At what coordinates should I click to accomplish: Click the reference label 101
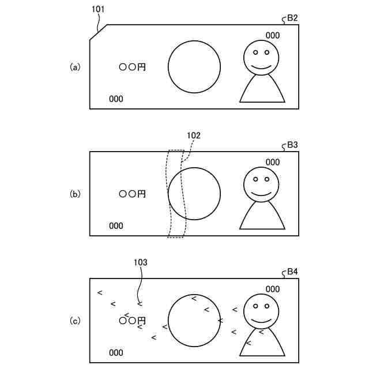pos(98,10)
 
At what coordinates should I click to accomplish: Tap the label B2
pos(292,18)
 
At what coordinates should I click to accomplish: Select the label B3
pos(292,145)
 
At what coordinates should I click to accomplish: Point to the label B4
pos(292,272)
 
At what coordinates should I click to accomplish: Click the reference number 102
pos(194,135)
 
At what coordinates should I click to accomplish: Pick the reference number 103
pos(140,262)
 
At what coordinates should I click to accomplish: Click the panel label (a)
pos(74,67)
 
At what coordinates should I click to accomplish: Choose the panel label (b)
pos(74,194)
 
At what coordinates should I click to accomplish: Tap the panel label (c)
pos(74,321)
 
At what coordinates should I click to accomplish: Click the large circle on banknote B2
pos(194,66)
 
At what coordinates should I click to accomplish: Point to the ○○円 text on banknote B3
pos(133,194)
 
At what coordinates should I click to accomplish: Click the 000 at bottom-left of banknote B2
pos(116,99)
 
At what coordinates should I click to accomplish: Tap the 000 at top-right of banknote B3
pos(273,162)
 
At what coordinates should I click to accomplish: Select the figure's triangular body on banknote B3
pos(262,216)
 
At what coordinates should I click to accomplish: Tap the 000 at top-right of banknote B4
pos(273,289)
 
